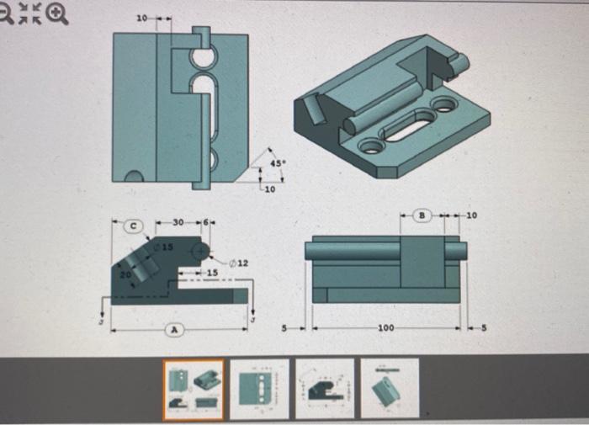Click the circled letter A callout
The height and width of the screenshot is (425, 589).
tap(175, 332)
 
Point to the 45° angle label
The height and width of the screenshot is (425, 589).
tap(279, 162)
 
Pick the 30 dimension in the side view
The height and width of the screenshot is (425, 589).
tap(178, 223)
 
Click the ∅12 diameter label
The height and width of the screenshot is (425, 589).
tap(240, 264)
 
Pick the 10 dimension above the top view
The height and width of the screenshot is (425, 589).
tap(141, 17)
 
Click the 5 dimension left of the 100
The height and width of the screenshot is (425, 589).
tap(287, 327)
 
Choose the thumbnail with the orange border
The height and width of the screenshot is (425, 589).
tap(193, 389)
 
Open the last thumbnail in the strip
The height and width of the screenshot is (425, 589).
tap(390, 388)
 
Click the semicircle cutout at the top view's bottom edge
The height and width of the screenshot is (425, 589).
tap(133, 177)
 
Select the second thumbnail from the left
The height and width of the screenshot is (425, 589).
tap(259, 388)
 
